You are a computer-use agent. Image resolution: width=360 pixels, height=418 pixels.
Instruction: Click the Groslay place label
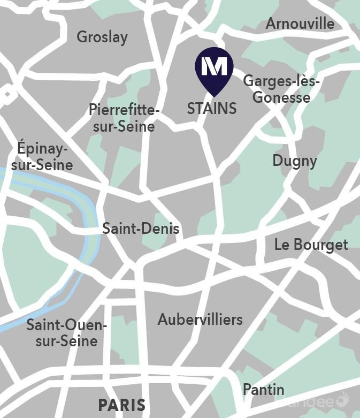pyautogui.click(x=102, y=37)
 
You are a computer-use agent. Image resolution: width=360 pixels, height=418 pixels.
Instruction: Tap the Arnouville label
pyautogui.click(x=300, y=24)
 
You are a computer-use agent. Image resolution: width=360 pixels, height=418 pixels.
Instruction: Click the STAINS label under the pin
pyautogui.click(x=212, y=109)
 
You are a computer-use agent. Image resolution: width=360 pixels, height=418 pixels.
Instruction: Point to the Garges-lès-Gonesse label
pyautogui.click(x=281, y=89)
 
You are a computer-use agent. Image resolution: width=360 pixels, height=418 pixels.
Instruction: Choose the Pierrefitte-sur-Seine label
pyautogui.click(x=124, y=118)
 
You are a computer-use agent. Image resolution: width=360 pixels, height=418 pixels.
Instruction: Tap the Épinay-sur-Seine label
pyautogui.click(x=42, y=156)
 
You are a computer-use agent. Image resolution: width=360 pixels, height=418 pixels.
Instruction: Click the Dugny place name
pyautogui.click(x=294, y=161)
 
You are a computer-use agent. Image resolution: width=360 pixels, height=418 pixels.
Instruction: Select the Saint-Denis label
pyautogui.click(x=141, y=229)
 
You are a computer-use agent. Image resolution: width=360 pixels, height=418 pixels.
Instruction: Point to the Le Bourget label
pyautogui.click(x=311, y=245)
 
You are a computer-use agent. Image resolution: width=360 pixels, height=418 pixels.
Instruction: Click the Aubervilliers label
pyautogui.click(x=200, y=320)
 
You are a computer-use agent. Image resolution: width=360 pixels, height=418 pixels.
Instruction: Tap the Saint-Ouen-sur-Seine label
pyautogui.click(x=67, y=333)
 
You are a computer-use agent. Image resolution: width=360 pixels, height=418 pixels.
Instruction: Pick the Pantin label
pyautogui.click(x=263, y=389)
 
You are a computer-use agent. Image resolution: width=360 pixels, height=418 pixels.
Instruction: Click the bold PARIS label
pyautogui.click(x=121, y=405)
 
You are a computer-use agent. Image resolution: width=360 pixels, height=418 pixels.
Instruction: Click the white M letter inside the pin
pyautogui.click(x=214, y=66)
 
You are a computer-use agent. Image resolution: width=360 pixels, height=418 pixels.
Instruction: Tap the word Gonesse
pyautogui.click(x=281, y=97)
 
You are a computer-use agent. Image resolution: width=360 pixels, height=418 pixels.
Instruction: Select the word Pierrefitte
pyautogui.click(x=124, y=110)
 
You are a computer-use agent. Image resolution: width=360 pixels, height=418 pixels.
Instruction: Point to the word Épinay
pyautogui.click(x=43, y=148)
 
